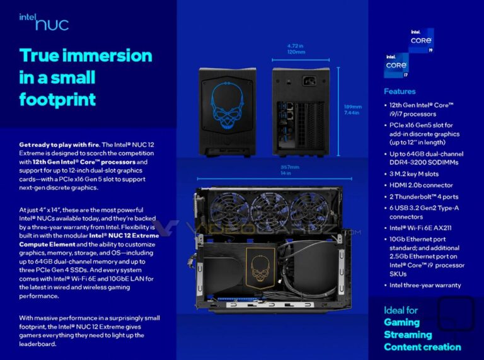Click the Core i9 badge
421,40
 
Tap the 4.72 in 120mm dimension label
296,49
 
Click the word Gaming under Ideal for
401,322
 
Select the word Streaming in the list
408,334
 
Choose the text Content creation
422,347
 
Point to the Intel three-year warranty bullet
425,285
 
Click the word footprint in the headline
57,99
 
